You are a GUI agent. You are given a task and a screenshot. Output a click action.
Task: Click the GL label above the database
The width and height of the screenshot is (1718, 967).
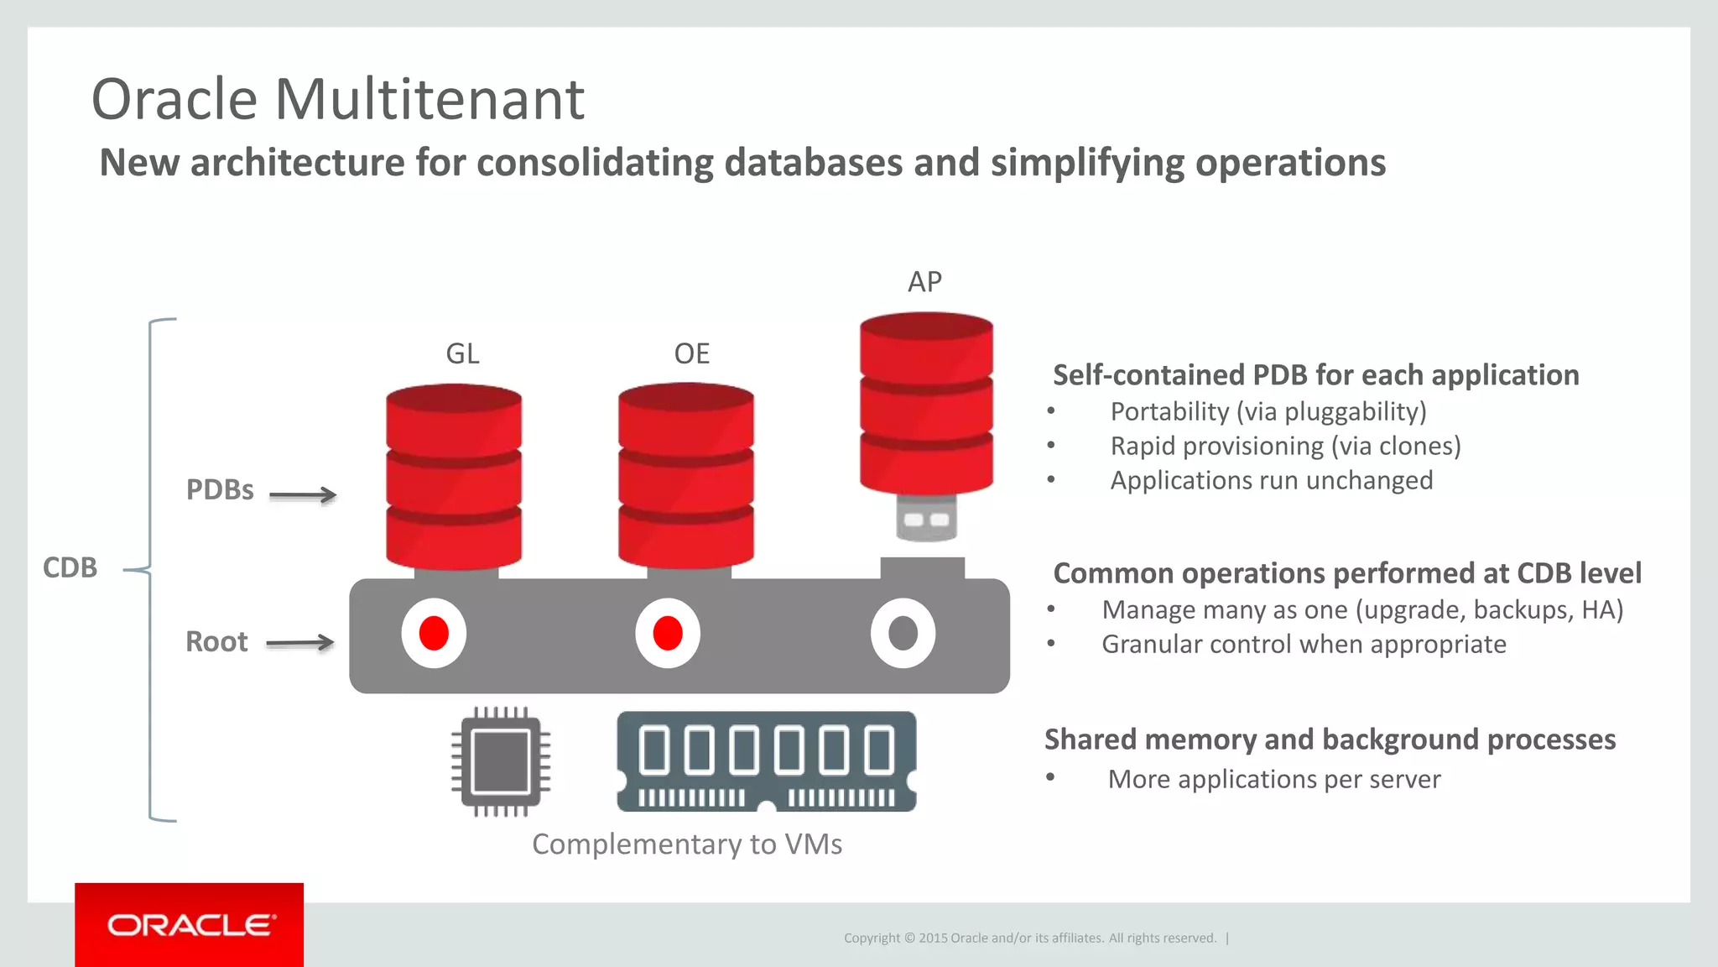point(462,353)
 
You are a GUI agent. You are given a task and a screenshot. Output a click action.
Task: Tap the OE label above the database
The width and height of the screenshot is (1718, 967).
point(692,353)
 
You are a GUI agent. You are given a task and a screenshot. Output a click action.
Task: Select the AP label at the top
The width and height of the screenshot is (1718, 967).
point(924,281)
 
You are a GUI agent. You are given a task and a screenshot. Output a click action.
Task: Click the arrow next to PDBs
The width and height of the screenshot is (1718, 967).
point(303,495)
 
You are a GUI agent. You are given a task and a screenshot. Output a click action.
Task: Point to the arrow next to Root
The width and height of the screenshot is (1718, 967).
point(300,644)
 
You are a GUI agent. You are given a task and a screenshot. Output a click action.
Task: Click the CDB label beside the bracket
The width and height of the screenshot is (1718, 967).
point(70,567)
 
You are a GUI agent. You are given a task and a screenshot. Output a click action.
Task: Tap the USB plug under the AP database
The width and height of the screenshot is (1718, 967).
point(926,518)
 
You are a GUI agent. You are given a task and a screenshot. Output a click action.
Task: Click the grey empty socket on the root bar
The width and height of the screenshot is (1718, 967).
point(903,633)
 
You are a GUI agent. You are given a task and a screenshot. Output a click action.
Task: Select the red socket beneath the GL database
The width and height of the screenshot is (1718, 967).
point(434,633)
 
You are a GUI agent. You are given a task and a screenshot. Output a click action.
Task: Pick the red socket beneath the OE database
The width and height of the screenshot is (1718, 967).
point(668,633)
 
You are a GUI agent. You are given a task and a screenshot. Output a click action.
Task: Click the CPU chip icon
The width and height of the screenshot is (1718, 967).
point(501,761)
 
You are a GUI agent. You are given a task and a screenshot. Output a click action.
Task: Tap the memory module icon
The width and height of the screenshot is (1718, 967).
point(767,761)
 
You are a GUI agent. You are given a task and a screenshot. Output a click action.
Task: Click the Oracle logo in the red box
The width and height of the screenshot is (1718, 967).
point(190,925)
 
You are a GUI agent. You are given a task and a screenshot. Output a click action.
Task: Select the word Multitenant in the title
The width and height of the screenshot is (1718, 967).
point(429,99)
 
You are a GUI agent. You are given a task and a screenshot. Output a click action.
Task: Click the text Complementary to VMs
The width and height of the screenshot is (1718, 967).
point(687,844)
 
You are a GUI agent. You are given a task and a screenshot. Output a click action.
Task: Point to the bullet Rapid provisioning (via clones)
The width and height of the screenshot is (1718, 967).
point(1285,446)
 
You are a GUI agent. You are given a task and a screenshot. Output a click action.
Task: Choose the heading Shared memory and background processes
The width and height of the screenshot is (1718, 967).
point(1330,740)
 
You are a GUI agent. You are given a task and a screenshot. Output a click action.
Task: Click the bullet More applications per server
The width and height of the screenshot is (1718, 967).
point(1274,779)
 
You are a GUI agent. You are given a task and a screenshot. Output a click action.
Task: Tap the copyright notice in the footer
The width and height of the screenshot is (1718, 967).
point(1030,938)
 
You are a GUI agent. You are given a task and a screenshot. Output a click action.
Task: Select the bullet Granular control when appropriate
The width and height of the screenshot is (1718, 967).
point(1304,644)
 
